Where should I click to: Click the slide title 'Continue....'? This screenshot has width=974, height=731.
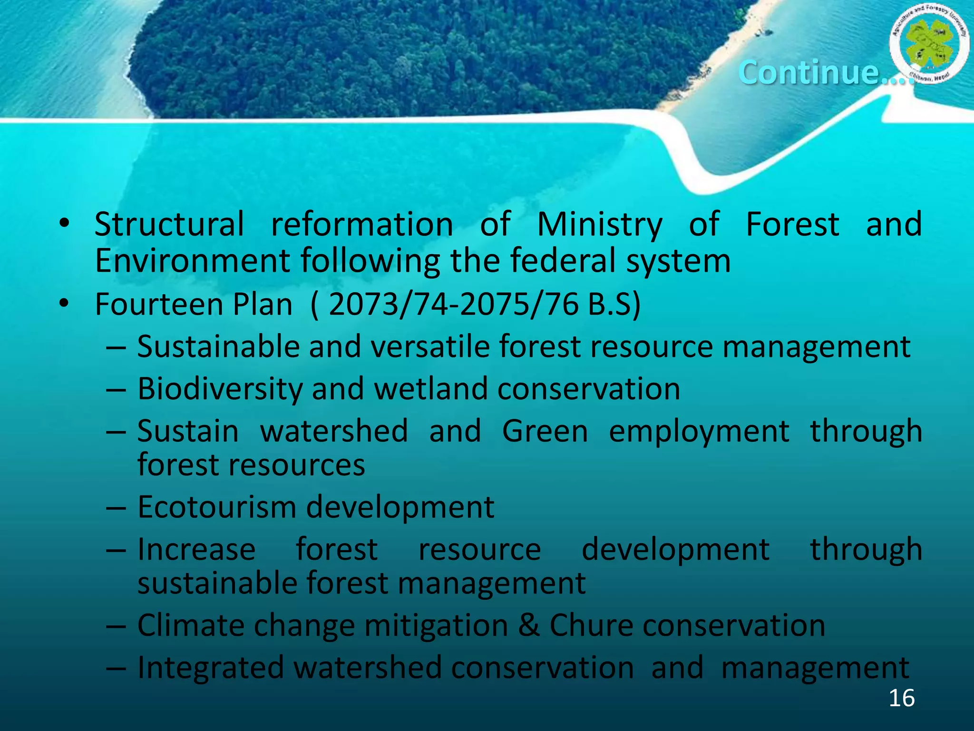coord(825,72)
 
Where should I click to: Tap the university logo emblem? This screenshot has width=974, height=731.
coord(929,46)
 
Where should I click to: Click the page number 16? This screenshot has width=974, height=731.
coord(901,698)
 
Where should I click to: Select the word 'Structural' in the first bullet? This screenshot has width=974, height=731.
coord(169,224)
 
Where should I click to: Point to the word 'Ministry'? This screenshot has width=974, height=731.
coord(600,224)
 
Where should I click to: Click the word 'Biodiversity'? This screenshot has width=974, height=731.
coord(220,389)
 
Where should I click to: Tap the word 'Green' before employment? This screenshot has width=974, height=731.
coord(545,431)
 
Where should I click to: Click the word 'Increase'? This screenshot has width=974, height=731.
coord(196,550)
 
